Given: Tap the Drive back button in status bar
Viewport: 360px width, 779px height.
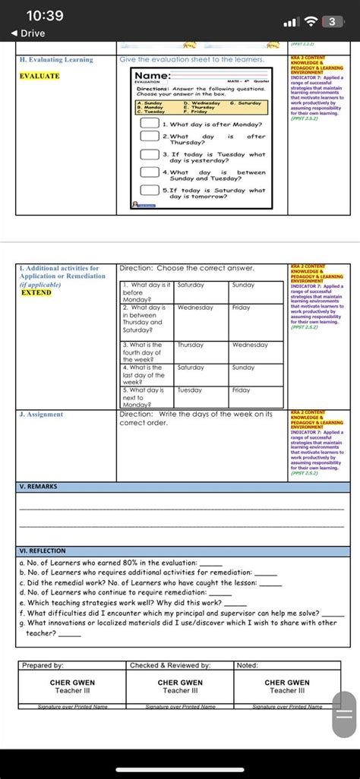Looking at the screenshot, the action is click(28, 33).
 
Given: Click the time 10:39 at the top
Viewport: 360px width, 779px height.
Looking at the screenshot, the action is click(43, 15).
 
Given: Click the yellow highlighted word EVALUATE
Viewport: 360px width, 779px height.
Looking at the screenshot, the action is click(39, 76).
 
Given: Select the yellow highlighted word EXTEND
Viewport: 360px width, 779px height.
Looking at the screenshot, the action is click(36, 292).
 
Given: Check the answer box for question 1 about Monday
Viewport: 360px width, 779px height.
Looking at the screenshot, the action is click(149, 124).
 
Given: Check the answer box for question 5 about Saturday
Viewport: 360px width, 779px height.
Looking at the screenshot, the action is click(149, 193).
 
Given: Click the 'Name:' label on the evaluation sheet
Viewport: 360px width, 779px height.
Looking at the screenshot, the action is click(152, 76).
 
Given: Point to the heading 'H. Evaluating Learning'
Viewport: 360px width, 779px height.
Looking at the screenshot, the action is click(56, 59).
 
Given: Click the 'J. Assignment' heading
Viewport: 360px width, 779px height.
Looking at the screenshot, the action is click(42, 415).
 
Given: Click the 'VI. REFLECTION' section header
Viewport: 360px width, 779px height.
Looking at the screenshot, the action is click(43, 550).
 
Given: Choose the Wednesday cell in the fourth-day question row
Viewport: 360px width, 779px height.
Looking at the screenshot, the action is click(250, 345).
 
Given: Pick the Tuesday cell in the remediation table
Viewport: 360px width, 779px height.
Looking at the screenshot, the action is click(190, 390).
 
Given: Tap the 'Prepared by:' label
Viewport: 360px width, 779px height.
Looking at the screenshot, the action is click(43, 665).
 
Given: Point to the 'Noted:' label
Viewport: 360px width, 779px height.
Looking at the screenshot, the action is click(248, 665).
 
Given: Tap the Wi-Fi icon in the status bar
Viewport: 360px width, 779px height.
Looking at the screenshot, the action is click(310, 21).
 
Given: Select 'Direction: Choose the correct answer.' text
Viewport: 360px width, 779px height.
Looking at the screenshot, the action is click(187, 269).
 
